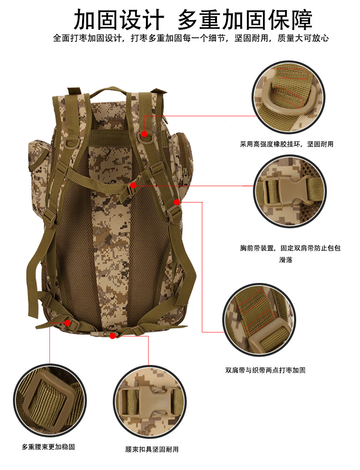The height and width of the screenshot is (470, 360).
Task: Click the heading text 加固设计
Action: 119,20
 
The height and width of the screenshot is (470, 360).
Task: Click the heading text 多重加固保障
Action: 245,20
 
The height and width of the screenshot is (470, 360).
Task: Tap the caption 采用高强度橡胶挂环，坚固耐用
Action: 287,144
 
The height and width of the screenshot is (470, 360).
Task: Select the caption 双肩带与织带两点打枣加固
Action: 265,370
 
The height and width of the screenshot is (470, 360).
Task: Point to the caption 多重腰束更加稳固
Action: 48,447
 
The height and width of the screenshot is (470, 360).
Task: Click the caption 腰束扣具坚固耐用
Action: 152,449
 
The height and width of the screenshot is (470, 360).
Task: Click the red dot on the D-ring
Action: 144,134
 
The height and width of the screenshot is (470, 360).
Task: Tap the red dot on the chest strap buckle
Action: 133,186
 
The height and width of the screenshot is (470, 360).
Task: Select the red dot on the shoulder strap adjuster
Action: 177,202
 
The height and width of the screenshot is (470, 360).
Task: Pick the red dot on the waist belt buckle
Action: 112,336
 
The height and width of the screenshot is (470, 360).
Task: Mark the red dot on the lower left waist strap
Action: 68,323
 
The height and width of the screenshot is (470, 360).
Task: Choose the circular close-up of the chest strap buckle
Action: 290,191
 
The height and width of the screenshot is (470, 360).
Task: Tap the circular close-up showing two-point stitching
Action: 259,320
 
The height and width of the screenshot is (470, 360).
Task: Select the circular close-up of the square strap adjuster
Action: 50,400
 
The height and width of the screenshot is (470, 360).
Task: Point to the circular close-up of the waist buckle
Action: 150,402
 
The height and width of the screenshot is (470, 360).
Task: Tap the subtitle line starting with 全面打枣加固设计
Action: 191,38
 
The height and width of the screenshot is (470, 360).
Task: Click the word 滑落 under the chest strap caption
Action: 286,260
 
